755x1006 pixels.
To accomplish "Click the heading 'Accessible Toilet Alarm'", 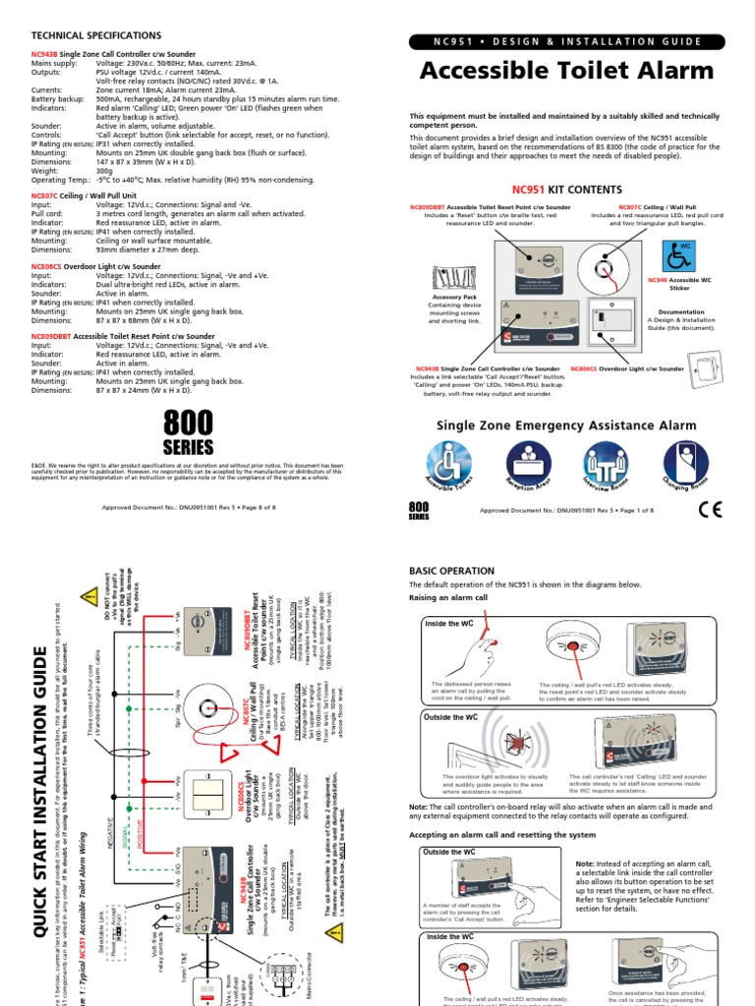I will tap(566, 72).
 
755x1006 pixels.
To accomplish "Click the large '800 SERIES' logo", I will tap(188, 433).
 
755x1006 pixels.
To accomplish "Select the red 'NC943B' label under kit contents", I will tap(425, 368).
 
